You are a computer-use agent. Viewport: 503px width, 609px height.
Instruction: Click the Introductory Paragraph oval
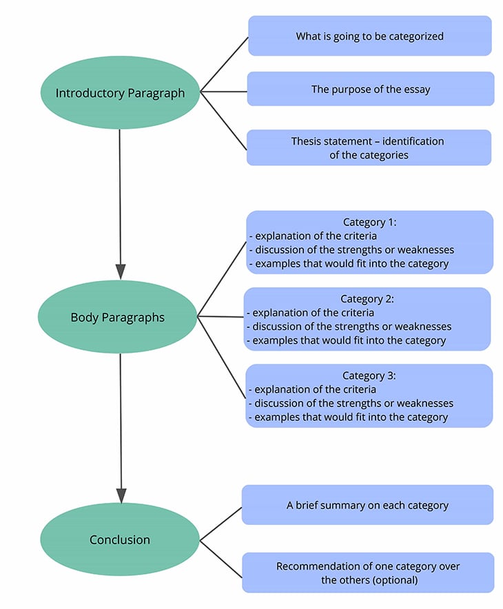[120, 93]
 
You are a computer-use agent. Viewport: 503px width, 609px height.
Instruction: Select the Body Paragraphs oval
[118, 318]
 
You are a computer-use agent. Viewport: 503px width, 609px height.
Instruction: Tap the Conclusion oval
[120, 540]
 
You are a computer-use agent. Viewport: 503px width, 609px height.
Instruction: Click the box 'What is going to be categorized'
[369, 36]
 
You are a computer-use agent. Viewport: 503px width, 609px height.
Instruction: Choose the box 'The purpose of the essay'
[370, 89]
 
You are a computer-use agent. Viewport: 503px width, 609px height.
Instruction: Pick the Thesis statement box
[369, 147]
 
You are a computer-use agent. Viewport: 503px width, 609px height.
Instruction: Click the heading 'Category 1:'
[370, 222]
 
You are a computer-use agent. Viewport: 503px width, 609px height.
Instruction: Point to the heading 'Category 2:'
[367, 299]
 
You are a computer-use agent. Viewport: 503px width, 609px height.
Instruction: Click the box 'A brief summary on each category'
[367, 505]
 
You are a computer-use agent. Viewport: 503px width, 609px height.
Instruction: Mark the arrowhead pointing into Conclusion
[121, 495]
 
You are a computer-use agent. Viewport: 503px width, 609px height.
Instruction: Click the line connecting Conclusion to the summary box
[220, 524]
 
